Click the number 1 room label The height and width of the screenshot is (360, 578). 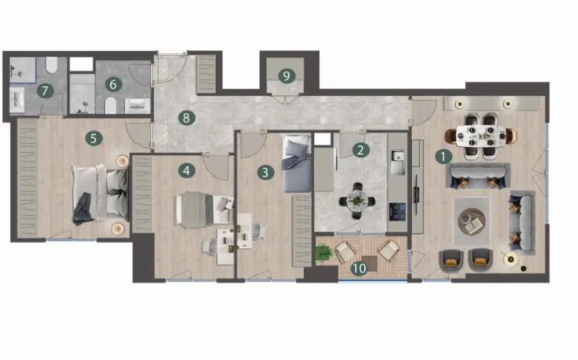point(444,157)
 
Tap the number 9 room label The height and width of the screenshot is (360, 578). point(287,76)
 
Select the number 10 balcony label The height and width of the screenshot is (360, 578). point(359,268)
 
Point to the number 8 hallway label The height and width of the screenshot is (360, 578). point(186,118)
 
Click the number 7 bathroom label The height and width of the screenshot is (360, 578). point(45,91)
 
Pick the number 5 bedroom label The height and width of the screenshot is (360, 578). point(94,138)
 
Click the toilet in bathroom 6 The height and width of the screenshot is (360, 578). point(111,106)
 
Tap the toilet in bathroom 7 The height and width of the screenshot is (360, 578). point(51,65)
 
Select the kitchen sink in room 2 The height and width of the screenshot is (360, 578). point(397,162)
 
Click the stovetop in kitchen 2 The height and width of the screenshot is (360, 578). point(397,211)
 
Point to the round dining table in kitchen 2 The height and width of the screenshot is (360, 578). point(357,201)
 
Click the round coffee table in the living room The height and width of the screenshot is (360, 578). point(472,221)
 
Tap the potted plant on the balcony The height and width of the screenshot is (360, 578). point(324,252)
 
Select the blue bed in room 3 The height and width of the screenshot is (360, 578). point(296,164)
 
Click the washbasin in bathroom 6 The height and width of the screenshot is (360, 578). point(137,106)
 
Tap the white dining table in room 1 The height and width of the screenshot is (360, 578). point(481,136)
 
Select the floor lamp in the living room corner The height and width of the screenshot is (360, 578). point(511,260)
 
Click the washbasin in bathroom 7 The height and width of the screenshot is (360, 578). point(16,100)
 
